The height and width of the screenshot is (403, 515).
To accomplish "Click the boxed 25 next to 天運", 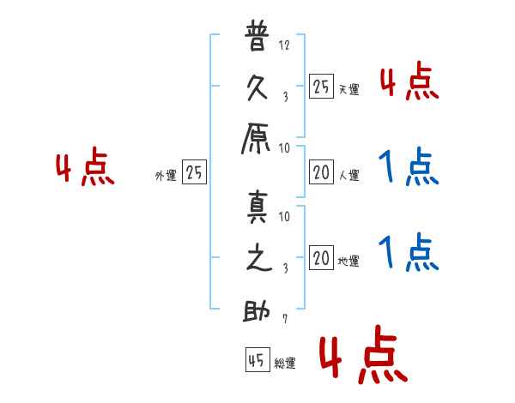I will (321, 86).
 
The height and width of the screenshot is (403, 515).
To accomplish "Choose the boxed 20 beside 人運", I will (321, 172).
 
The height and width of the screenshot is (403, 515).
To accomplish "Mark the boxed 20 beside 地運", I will (321, 258).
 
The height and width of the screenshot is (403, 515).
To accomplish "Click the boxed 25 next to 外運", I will (194, 172).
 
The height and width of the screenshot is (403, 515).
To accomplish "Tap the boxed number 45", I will (256, 360).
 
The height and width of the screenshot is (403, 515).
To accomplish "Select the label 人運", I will (348, 176).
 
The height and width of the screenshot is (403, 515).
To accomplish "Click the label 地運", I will (348, 262).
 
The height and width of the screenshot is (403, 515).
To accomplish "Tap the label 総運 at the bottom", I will (285, 364).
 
